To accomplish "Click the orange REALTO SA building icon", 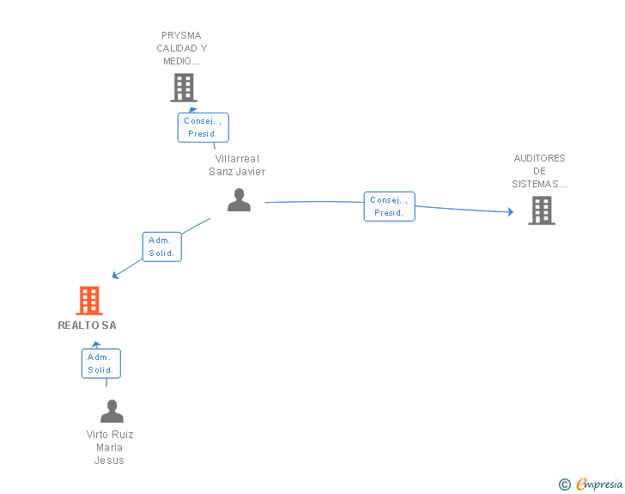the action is [89, 301].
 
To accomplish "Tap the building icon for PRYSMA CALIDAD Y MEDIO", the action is [184, 88].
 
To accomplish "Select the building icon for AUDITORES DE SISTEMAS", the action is [542, 210].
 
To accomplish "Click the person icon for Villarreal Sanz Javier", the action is [240, 200].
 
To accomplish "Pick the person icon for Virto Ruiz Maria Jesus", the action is [112, 411].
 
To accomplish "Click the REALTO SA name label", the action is [88, 326].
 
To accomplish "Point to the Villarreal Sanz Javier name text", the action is [237, 165].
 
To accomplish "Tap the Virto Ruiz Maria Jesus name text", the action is [110, 448].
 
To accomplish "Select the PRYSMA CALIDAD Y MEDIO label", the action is [182, 48].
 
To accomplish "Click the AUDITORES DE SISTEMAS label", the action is [539, 171].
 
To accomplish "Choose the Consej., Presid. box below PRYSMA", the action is [203, 127].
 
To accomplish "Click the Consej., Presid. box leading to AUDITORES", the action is [390, 206].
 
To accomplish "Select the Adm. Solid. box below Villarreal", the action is [161, 247].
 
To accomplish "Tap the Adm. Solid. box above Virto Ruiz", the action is [101, 363].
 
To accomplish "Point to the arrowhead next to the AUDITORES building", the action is [511, 211].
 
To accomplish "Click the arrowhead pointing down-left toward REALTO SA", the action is [115, 275].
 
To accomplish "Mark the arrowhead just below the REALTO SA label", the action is [96, 345].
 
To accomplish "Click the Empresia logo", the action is [599, 484].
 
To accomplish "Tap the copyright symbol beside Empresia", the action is [565, 485].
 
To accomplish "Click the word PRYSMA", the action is [181, 35].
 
